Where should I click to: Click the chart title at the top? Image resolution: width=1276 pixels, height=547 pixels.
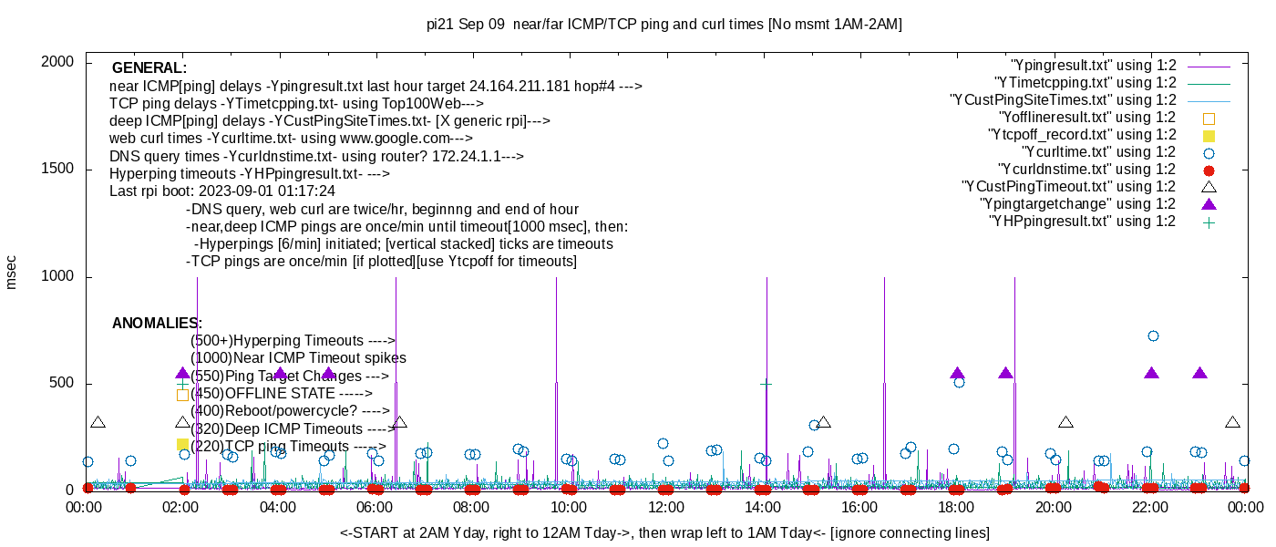tap(664, 25)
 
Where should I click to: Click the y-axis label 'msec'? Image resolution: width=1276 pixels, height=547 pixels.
tap(12, 273)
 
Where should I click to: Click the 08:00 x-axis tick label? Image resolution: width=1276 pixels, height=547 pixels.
tap(471, 507)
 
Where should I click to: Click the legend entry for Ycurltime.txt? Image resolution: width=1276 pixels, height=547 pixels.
tap(1098, 152)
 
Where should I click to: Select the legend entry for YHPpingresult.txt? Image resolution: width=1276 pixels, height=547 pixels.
tap(1082, 222)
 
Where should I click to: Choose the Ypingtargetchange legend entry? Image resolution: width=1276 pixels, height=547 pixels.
tap(1077, 204)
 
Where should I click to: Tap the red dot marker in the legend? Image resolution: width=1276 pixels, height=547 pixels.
tap(1209, 170)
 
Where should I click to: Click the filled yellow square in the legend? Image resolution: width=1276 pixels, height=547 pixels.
tap(1209, 135)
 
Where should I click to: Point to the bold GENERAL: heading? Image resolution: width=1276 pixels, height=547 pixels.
tap(149, 68)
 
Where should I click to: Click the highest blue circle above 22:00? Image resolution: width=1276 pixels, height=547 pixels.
tap(1153, 336)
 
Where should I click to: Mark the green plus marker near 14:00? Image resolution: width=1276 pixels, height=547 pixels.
tap(767, 384)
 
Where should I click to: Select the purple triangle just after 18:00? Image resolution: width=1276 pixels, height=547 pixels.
tap(957, 374)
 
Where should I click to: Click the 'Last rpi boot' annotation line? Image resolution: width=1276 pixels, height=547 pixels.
tap(222, 191)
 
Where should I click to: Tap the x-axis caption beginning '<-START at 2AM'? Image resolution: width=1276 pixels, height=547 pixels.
tap(664, 532)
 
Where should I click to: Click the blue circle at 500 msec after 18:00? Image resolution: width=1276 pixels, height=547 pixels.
tap(959, 383)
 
